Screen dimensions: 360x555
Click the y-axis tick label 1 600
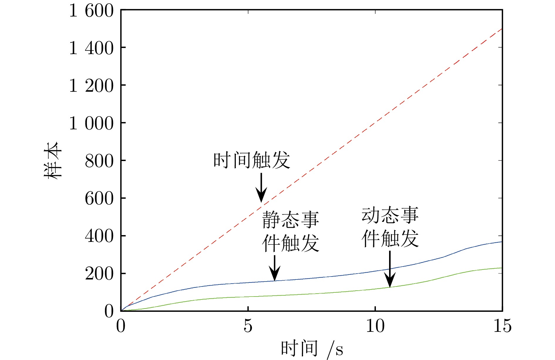pos(91,11)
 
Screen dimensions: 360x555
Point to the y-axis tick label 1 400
pos(91,48)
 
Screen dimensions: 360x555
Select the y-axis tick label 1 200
pos(91,86)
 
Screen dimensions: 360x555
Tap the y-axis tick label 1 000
pos(91,123)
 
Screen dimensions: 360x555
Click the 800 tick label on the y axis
pos(99,161)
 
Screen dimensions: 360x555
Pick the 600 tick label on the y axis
pos(99,198)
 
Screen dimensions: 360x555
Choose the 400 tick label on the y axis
pos(99,236)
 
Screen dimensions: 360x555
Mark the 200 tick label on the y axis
pos(99,274)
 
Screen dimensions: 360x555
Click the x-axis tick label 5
pos(248,326)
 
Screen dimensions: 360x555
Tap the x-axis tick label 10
pos(375,326)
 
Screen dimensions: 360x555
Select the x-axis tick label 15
pos(502,326)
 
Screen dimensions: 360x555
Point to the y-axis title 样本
pos(53,160)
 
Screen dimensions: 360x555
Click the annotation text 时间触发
pos(252,160)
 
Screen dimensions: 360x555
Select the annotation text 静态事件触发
pos(290,231)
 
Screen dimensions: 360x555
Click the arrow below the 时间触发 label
pos(261,187)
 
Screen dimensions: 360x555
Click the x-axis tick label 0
pos(121,326)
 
